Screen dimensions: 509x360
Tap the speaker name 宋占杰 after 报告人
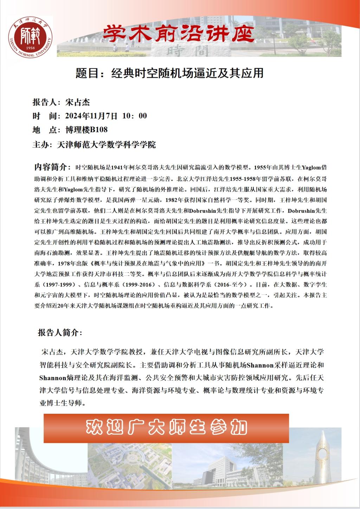pyautogui.click(x=78, y=102)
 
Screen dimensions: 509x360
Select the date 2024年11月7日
pyautogui.click(x=91, y=116)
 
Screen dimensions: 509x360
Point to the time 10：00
pyautogui.click(x=134, y=116)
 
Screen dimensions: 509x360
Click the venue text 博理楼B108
pyautogui.click(x=86, y=130)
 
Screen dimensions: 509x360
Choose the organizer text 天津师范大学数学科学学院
pyautogui.click(x=106, y=144)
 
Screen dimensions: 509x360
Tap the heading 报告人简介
pyautogui.click(x=59, y=333)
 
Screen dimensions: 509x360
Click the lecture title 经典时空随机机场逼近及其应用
pyautogui.click(x=187, y=73)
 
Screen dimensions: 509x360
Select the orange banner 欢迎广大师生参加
pyautogui.click(x=166, y=427)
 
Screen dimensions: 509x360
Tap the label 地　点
pyautogui.click(x=45, y=130)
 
